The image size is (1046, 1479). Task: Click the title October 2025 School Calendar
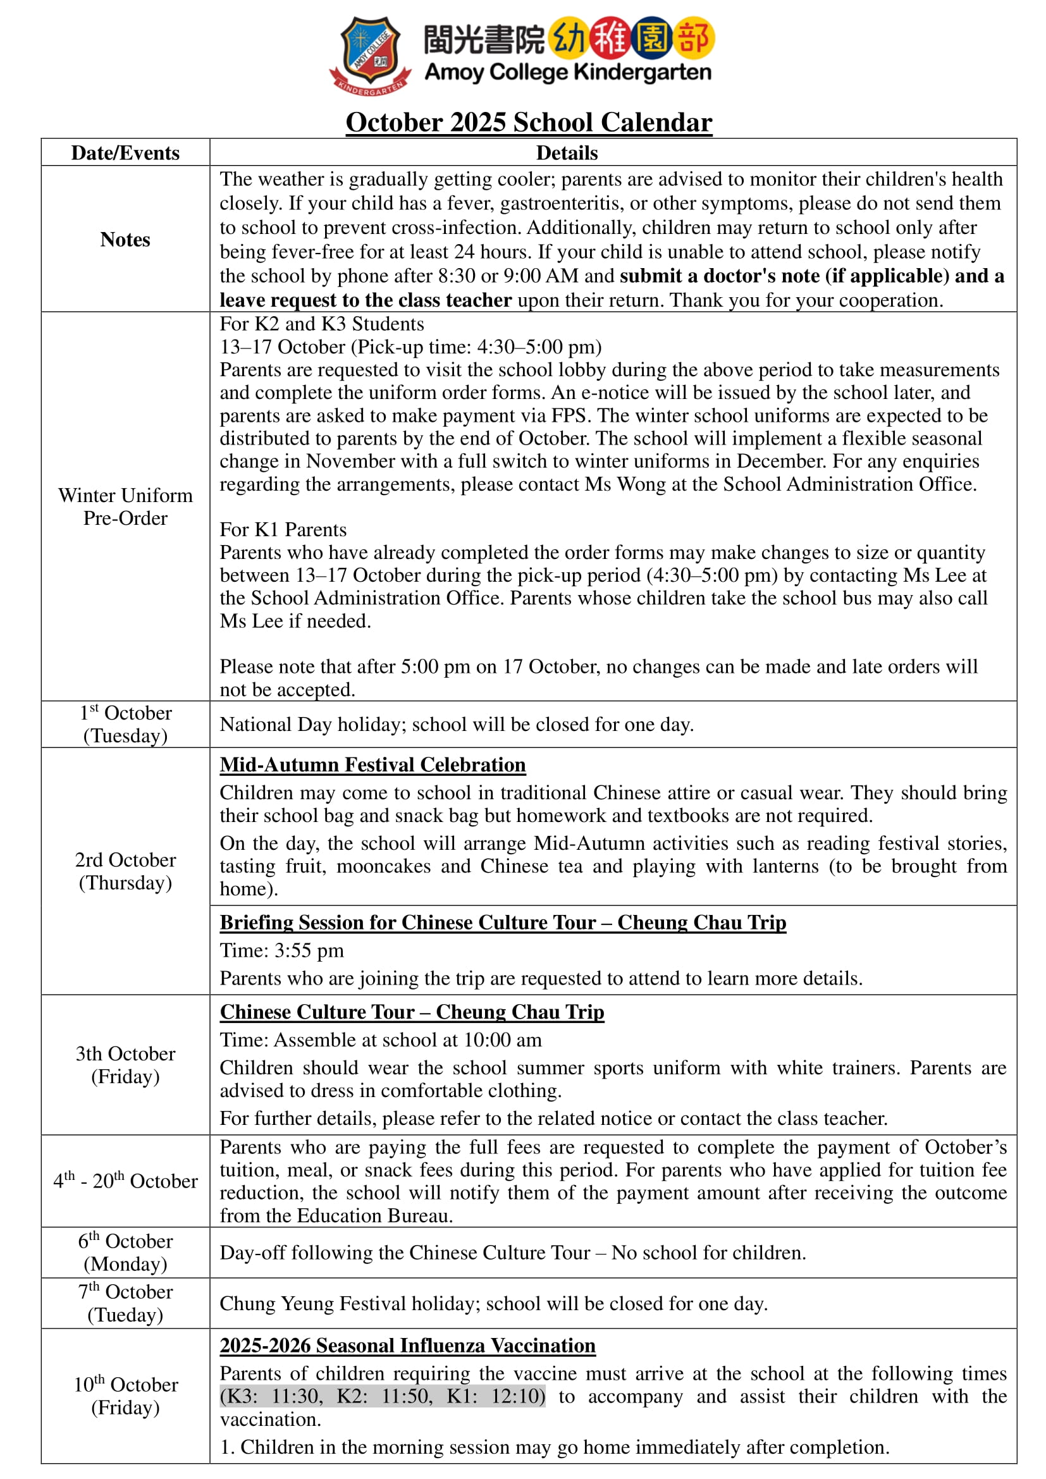[x=528, y=123]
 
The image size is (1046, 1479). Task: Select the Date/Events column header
[x=125, y=152]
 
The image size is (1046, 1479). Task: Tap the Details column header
[x=567, y=152]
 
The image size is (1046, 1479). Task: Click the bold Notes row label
[x=125, y=240]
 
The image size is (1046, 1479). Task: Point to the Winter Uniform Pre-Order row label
[x=125, y=506]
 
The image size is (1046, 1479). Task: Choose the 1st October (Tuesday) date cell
[x=125, y=724]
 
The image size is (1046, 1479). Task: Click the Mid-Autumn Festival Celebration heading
[x=372, y=764]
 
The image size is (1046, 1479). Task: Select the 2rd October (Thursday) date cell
[x=125, y=871]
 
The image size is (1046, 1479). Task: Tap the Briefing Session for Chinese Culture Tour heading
[x=502, y=923]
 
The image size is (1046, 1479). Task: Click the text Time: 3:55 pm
[x=281, y=950]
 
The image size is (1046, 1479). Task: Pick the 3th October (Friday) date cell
[x=125, y=1065]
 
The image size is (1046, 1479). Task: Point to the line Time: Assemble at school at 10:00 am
[x=380, y=1040]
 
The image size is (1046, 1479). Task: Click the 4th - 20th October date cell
[x=125, y=1181]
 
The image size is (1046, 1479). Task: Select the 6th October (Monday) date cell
[x=125, y=1252]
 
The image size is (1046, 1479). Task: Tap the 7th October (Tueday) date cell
[x=125, y=1303]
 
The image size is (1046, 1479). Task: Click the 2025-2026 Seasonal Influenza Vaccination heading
[x=407, y=1345]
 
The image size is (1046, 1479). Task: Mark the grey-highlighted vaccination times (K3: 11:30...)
[x=383, y=1396]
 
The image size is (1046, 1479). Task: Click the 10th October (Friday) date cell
[x=125, y=1396]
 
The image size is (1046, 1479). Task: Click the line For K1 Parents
[x=283, y=529]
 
